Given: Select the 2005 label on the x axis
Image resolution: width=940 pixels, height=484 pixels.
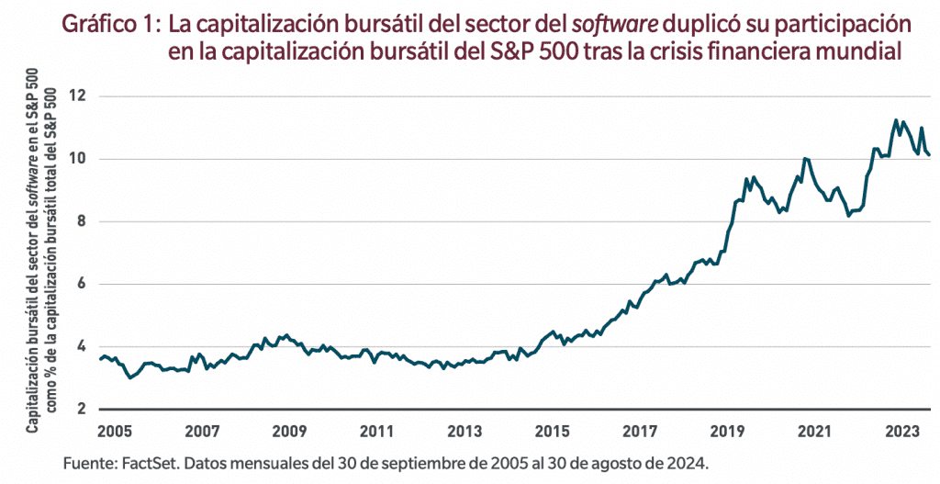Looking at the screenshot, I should click(x=113, y=431).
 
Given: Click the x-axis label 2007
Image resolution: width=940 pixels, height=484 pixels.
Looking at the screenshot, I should click(x=202, y=431).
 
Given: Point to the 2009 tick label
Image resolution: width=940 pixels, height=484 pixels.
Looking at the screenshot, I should click(x=289, y=431).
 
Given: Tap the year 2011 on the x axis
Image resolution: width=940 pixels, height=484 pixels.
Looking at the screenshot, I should click(x=377, y=431).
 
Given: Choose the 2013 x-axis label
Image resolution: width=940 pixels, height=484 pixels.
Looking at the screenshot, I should click(x=465, y=431).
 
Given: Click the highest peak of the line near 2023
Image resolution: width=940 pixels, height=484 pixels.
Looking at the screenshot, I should click(x=895, y=119).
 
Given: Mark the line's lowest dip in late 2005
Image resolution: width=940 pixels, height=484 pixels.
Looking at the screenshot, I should click(x=130, y=377).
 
